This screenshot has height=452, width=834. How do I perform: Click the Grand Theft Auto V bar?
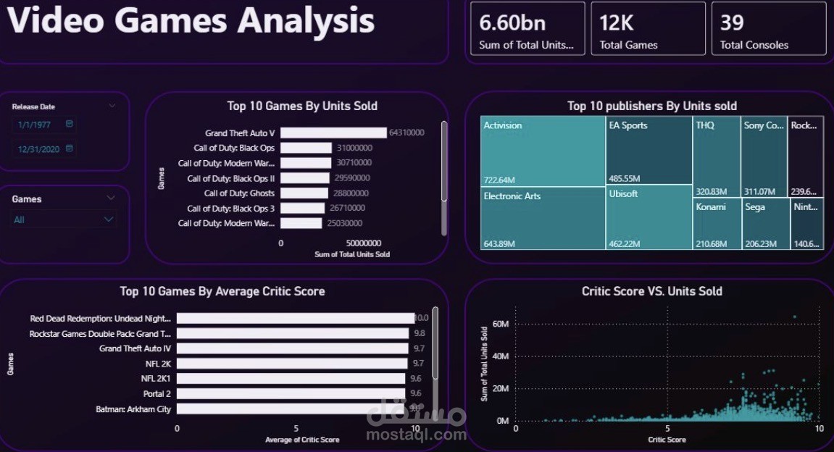[x=333, y=133]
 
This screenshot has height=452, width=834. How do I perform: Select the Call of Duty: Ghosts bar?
[x=305, y=193]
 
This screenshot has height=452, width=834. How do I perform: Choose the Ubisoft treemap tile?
[x=649, y=217]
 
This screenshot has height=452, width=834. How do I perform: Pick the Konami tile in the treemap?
[x=717, y=225]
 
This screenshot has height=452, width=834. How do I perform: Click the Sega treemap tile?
[x=764, y=225]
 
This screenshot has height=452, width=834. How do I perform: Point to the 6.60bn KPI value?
[x=512, y=23]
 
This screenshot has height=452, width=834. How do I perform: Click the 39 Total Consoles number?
[x=732, y=23]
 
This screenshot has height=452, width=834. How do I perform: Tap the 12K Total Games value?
[x=617, y=23]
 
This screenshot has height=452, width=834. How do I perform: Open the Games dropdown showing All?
[x=64, y=219]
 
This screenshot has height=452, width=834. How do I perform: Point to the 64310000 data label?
[x=406, y=133]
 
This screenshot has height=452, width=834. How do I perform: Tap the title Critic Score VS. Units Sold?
[x=651, y=291]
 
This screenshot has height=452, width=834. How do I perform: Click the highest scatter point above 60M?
[x=794, y=317]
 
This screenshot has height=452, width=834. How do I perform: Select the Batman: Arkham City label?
[x=133, y=409]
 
